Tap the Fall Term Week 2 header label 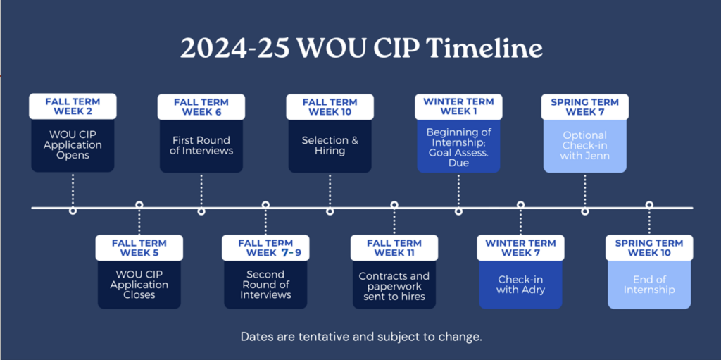(73, 106)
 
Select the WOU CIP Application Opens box (73, 145)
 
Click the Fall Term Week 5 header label (139, 248)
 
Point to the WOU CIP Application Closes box (139, 285)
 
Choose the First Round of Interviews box (201, 146)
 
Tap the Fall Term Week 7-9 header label (265, 248)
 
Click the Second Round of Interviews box (265, 285)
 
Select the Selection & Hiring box (330, 146)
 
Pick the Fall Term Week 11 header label (394, 248)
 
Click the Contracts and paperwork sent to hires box (394, 285)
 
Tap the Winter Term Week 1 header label (458, 107)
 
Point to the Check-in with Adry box (520, 285)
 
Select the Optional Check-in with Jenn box (585, 146)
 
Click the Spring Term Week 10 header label (649, 248)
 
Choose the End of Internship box (649, 285)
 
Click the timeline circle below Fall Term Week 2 (73, 211)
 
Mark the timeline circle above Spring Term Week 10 (649, 205)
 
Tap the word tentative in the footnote (318, 337)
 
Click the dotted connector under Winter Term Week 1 (458, 190)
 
